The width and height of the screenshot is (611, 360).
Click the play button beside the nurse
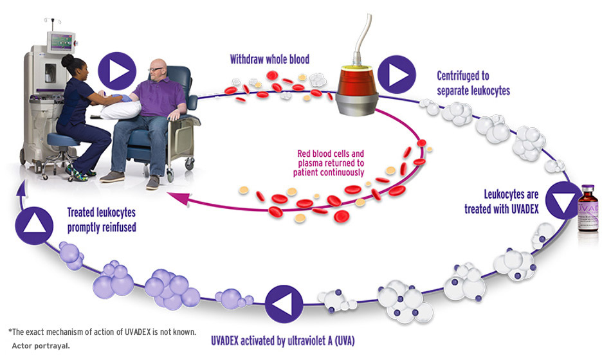click(118, 71)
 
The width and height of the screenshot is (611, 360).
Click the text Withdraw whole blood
click(269, 60)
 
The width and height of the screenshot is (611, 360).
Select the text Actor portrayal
click(40, 345)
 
